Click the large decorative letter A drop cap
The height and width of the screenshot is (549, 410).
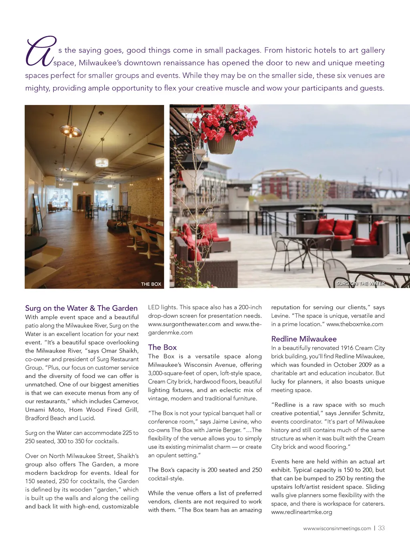pyautogui.click(x=40, y=52)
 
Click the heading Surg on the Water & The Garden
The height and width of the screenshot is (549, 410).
pyautogui.click(x=81, y=308)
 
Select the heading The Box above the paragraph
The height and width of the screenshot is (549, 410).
pyautogui.click(x=162, y=347)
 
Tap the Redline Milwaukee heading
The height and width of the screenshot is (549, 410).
pyautogui.click(x=304, y=339)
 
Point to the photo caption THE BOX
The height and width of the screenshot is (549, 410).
pyautogui.click(x=151, y=284)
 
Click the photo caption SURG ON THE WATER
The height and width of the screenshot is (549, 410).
pyautogui.click(x=360, y=283)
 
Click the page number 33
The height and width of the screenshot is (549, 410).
pyautogui.click(x=381, y=528)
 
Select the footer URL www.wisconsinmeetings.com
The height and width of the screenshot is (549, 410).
pyautogui.click(x=337, y=529)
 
